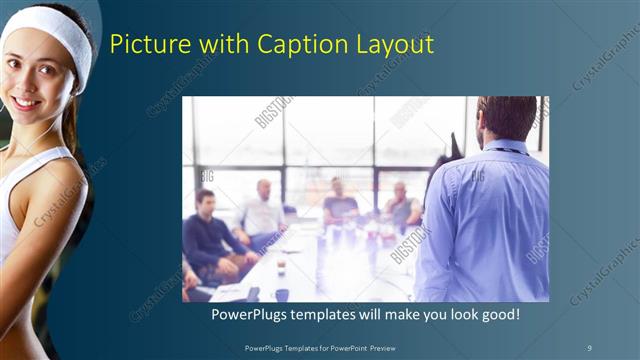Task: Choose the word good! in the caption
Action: pyautogui.click(x=497, y=315)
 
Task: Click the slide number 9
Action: pyautogui.click(x=590, y=347)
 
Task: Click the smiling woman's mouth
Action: pyautogui.click(x=27, y=102)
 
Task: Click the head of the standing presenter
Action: pyautogui.click(x=506, y=118)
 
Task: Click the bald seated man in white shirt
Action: pyautogui.click(x=262, y=210)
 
